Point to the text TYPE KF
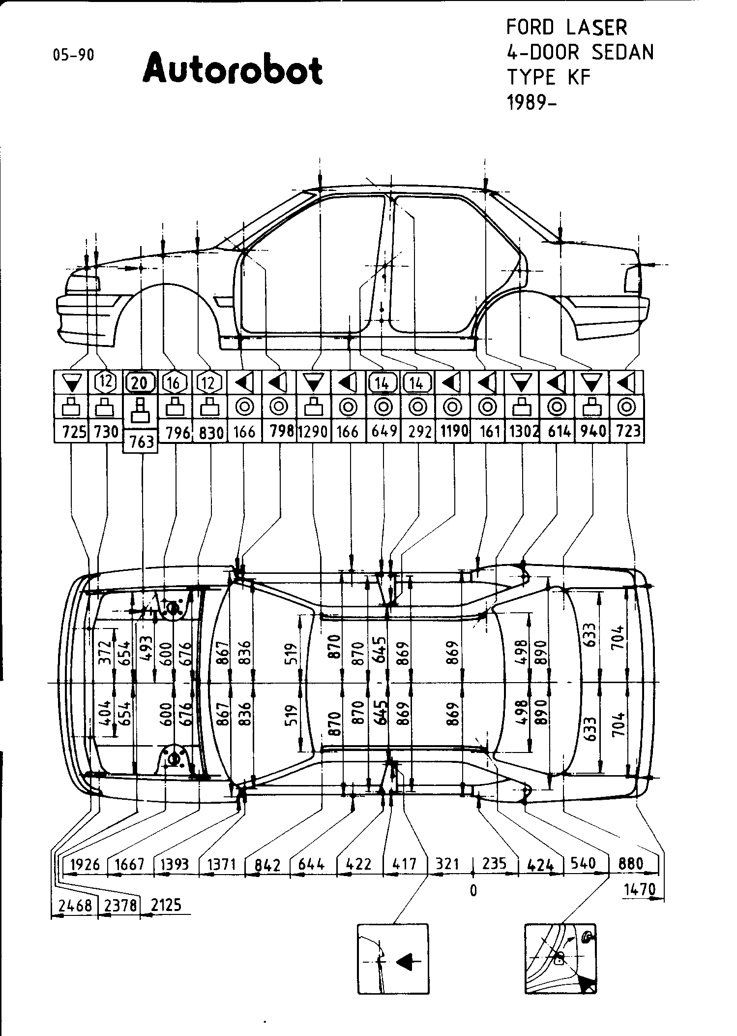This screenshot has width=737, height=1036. pos(548,77)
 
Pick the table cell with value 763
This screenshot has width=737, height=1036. pos(142,441)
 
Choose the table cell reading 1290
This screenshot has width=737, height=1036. pos(313,432)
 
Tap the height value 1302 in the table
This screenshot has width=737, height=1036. pos(522,432)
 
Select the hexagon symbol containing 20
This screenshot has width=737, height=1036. pos(141,382)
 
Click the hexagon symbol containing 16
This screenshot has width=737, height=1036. pos(175,382)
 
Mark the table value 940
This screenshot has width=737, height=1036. pos(592,432)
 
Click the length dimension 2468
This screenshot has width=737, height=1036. pos(75,905)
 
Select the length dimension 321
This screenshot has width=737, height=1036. pos(447,864)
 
